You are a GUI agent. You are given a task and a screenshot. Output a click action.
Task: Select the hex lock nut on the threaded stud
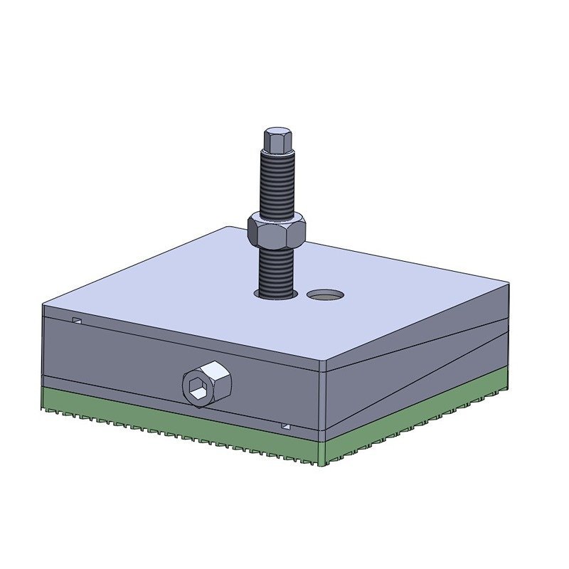pos(277,231)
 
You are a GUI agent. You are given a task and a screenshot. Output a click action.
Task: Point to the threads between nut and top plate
pos(276,270)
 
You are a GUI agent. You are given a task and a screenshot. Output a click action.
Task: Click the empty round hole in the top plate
pos(326,294)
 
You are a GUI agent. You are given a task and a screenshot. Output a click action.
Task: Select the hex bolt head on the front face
pos(206,383)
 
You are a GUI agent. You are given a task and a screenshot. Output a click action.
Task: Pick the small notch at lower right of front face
pos(285,426)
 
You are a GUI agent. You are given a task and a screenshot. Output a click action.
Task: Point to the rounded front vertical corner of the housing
pos(323,398)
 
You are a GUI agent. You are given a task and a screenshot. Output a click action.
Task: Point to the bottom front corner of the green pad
pos(324,462)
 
